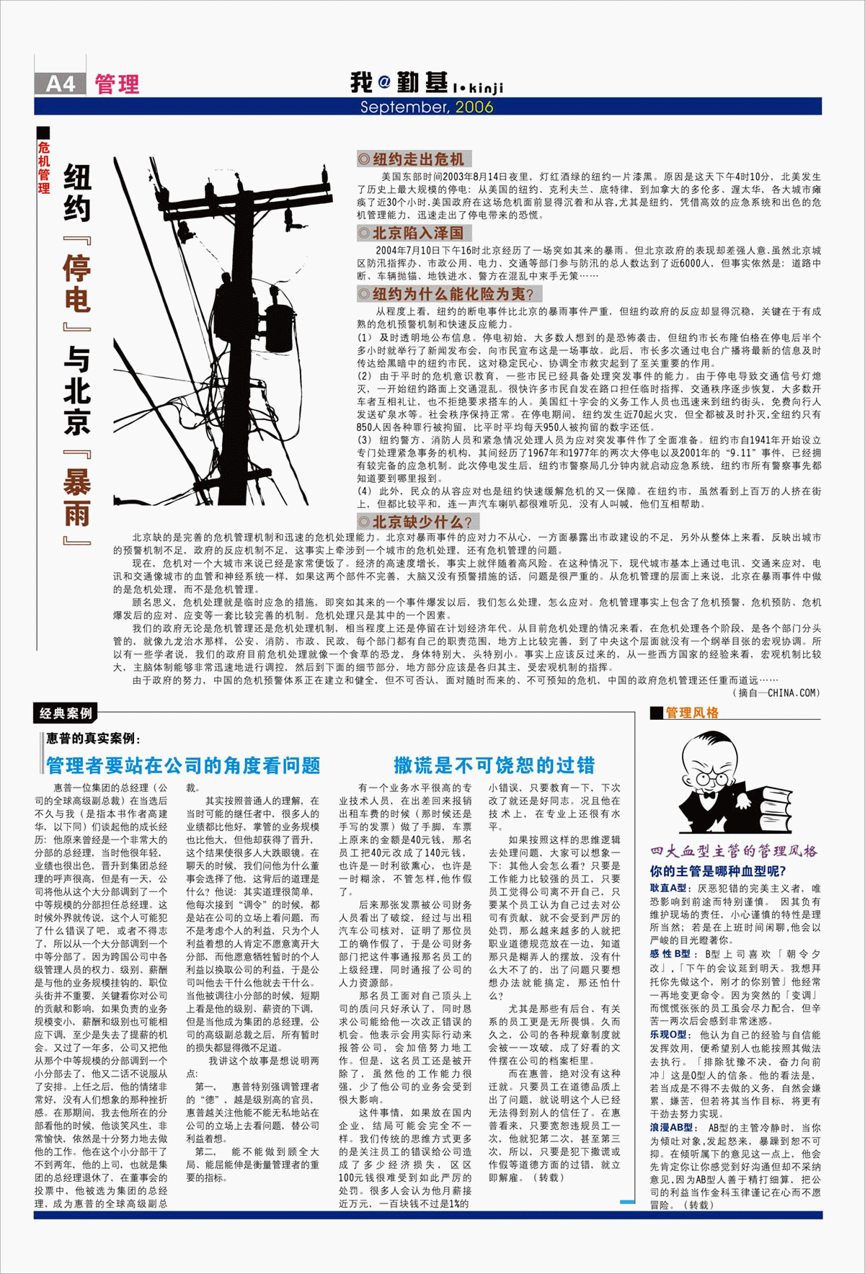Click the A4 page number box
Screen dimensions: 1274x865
click(x=60, y=84)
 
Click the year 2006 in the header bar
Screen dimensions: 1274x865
click(x=474, y=107)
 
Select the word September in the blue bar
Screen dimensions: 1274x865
click(x=404, y=107)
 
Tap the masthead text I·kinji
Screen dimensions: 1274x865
click(x=479, y=87)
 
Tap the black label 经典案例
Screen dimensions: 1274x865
click(x=66, y=713)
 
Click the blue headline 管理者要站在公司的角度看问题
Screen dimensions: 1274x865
click(x=183, y=765)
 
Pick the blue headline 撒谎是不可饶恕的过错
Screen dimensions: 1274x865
click(x=494, y=765)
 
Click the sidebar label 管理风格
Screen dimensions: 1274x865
click(x=691, y=713)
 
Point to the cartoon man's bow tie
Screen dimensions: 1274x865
click(x=708, y=796)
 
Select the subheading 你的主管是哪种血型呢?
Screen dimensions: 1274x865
click(x=717, y=871)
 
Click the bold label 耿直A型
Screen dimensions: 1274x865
click(x=669, y=888)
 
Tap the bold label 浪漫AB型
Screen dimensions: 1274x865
click(x=672, y=1128)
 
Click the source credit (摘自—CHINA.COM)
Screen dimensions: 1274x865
click(x=776, y=693)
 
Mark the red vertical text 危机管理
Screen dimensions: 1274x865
click(x=44, y=168)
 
